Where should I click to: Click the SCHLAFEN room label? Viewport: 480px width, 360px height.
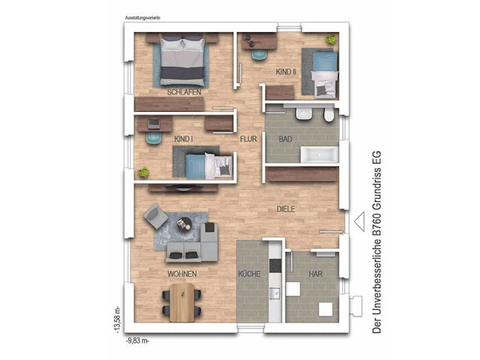click(184, 91)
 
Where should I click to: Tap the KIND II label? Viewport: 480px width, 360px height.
click(286, 72)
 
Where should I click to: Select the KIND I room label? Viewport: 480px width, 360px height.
click(184, 139)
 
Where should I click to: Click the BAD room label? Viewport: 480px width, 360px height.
click(285, 139)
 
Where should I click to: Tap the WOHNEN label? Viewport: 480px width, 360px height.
click(183, 274)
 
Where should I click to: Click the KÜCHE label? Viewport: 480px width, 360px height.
click(249, 274)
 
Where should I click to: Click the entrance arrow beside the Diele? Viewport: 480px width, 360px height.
click(358, 221)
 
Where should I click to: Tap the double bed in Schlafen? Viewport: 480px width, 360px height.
click(182, 61)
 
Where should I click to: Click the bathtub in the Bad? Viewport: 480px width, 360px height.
click(320, 156)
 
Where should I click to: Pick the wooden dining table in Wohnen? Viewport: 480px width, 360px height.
click(181, 301)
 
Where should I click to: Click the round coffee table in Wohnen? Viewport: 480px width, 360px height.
click(184, 223)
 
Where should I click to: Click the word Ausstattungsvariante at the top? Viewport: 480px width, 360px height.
click(147, 16)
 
